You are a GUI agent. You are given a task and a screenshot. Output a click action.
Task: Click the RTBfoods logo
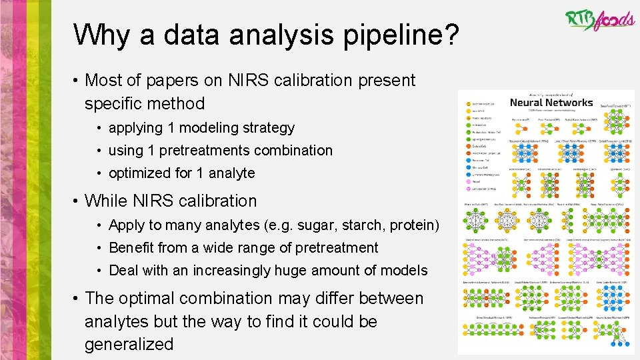click(x=599, y=19)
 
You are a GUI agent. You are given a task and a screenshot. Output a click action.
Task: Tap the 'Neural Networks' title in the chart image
click(x=551, y=103)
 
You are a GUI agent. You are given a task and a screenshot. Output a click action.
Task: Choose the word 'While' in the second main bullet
click(x=109, y=201)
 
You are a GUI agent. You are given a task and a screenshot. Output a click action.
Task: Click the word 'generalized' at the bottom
click(x=129, y=345)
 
